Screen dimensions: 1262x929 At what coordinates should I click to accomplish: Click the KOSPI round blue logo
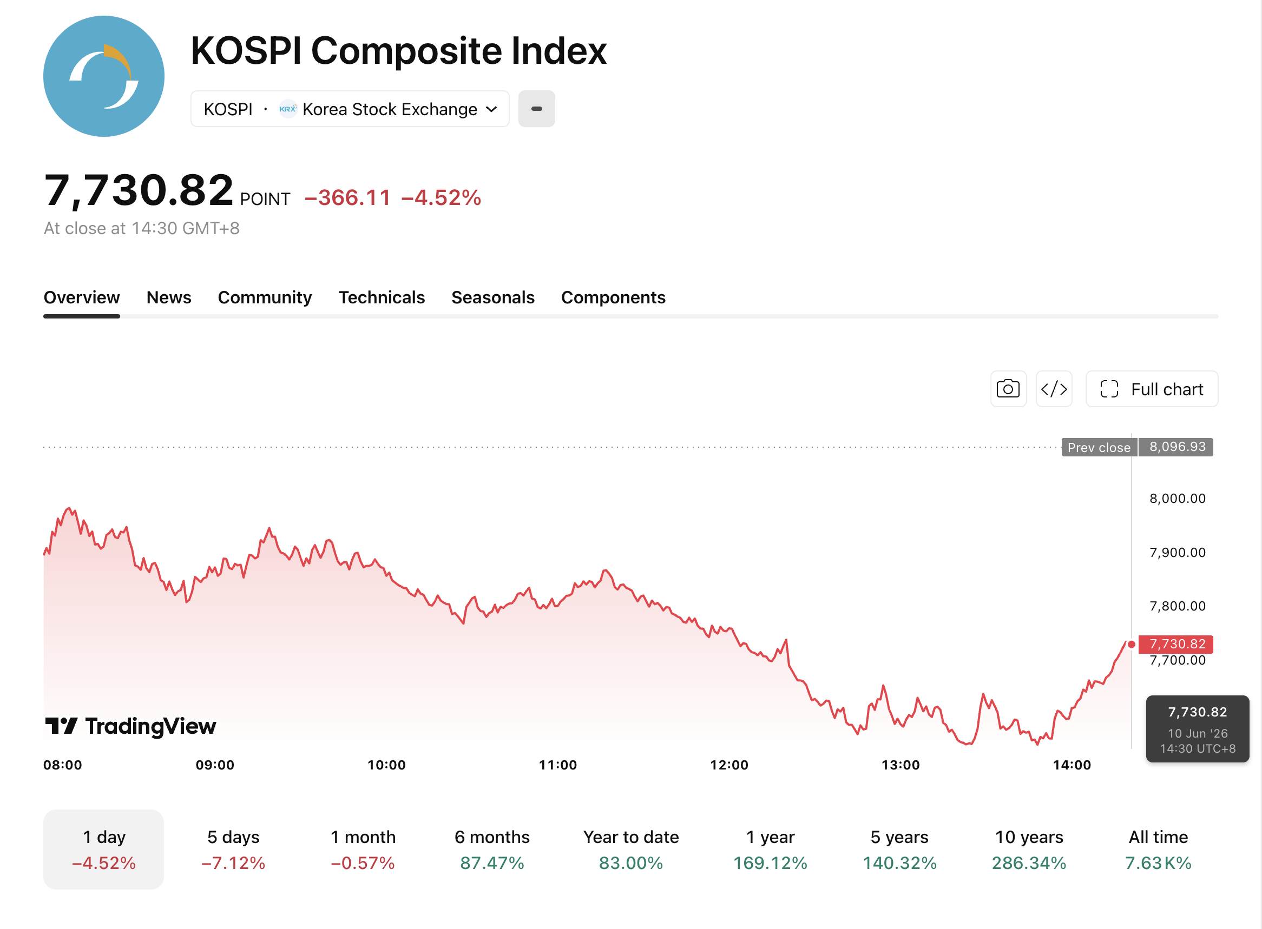click(x=104, y=76)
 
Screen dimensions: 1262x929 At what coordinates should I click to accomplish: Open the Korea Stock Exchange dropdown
click(x=350, y=109)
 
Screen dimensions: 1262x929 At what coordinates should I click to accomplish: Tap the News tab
click(x=169, y=297)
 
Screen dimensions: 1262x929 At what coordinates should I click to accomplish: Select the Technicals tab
click(x=382, y=297)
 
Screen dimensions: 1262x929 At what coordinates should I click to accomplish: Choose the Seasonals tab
click(x=493, y=297)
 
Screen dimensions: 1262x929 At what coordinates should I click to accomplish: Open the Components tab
click(x=613, y=297)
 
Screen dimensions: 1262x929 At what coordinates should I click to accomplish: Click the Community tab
click(x=265, y=297)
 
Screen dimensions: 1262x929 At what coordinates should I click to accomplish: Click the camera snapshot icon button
click(x=1008, y=389)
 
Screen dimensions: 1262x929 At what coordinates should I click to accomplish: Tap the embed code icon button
click(x=1054, y=389)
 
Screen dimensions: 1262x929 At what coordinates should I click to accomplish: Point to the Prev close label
click(x=1099, y=448)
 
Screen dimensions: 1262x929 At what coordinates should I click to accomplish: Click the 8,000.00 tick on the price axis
click(x=1178, y=498)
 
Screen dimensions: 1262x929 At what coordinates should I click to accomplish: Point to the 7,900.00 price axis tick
click(x=1178, y=552)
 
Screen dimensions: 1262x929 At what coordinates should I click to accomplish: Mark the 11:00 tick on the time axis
click(x=557, y=765)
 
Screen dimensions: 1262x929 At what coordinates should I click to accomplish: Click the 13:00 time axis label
click(x=900, y=765)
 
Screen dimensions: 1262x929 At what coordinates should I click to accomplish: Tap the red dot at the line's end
click(x=1132, y=645)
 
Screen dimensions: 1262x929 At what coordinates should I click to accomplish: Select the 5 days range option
click(x=233, y=849)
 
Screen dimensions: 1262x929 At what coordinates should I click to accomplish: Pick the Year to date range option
click(x=630, y=849)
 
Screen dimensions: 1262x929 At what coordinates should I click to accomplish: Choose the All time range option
click(x=1158, y=849)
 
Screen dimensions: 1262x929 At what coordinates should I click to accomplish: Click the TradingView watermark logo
click(x=130, y=726)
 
